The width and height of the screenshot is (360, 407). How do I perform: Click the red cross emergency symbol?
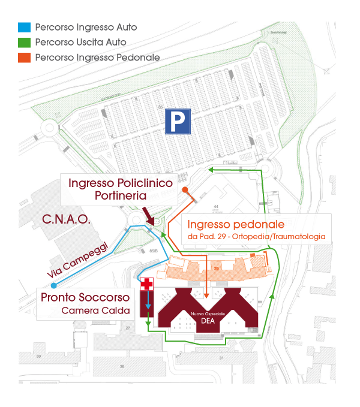(x=146, y=285)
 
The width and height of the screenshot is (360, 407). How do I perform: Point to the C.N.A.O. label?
(x=66, y=220)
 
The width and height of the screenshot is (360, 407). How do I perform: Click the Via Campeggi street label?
(x=77, y=258)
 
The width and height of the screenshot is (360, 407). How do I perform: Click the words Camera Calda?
(x=95, y=310)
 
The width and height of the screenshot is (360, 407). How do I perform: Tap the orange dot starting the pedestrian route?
(x=185, y=190)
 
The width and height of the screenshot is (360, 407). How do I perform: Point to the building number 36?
(x=121, y=366)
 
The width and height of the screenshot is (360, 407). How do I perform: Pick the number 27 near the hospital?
(x=128, y=328)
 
